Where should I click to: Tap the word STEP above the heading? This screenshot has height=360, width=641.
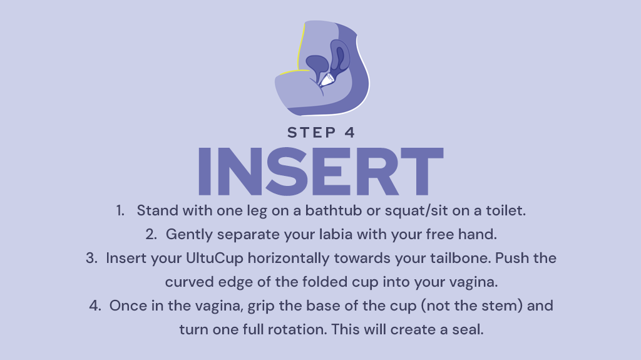click(x=312, y=133)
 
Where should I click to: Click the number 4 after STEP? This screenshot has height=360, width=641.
click(x=349, y=133)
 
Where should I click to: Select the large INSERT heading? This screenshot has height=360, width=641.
click(x=320, y=172)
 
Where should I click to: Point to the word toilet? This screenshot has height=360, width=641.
click(x=505, y=210)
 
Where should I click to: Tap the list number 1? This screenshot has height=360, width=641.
click(x=120, y=211)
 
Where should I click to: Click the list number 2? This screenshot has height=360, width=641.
click(x=151, y=234)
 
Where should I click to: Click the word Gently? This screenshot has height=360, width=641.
click(x=189, y=235)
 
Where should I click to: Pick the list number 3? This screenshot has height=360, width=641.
click(x=91, y=258)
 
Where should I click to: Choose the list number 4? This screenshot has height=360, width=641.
click(x=95, y=306)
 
